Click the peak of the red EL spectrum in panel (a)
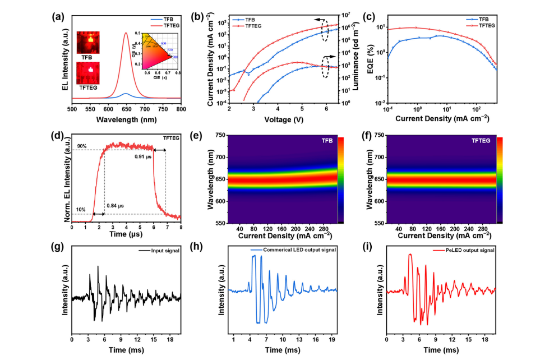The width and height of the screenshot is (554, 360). (126, 33)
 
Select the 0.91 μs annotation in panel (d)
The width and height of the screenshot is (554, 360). (144, 156)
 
